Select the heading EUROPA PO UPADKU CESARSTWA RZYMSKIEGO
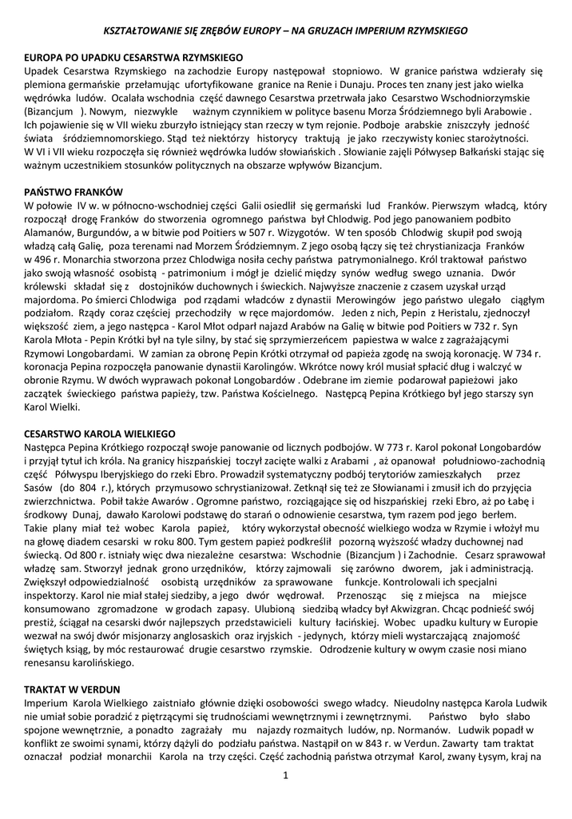coord(133,59)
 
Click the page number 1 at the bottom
coord(285,774)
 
